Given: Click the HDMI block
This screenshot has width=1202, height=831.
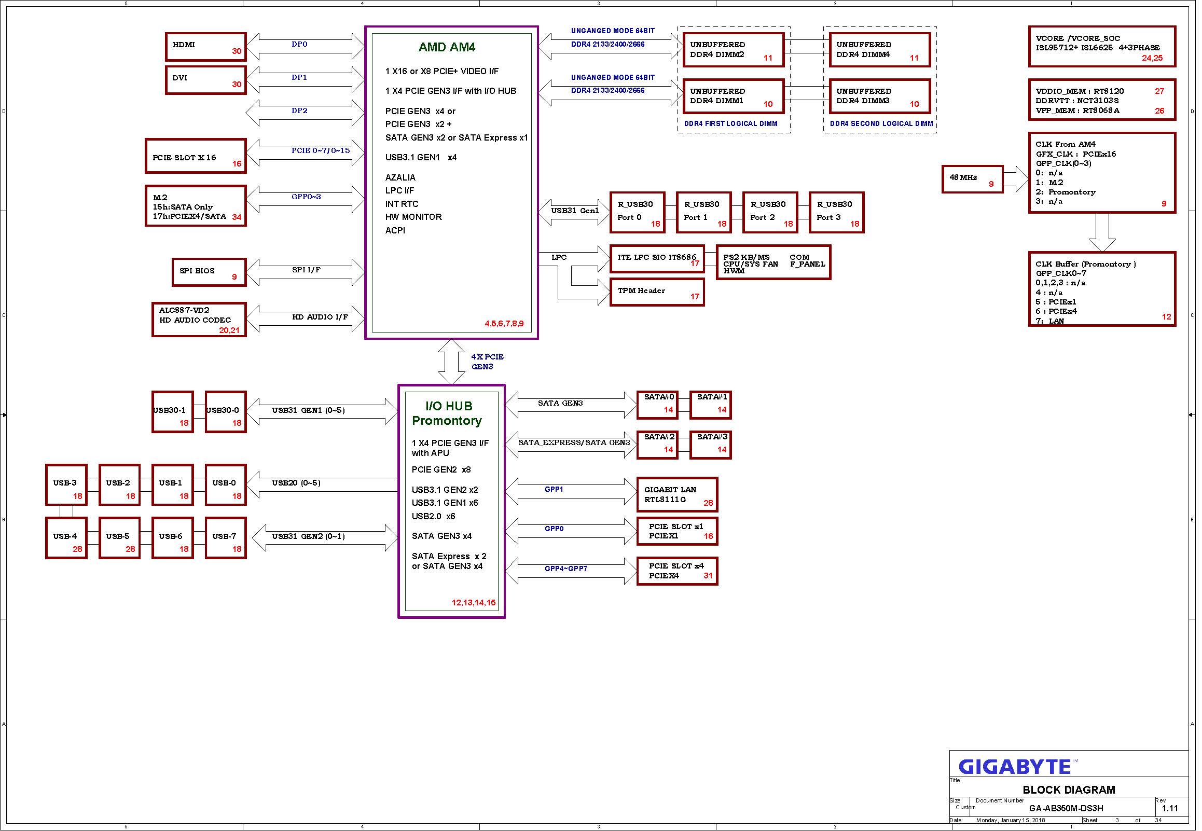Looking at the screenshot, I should pos(206,47).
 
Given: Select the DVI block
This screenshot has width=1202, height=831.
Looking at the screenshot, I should pos(206,80).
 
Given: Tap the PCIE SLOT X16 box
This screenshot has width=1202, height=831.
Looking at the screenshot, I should pos(196,157).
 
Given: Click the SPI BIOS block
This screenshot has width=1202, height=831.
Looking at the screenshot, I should pos(209,273).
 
